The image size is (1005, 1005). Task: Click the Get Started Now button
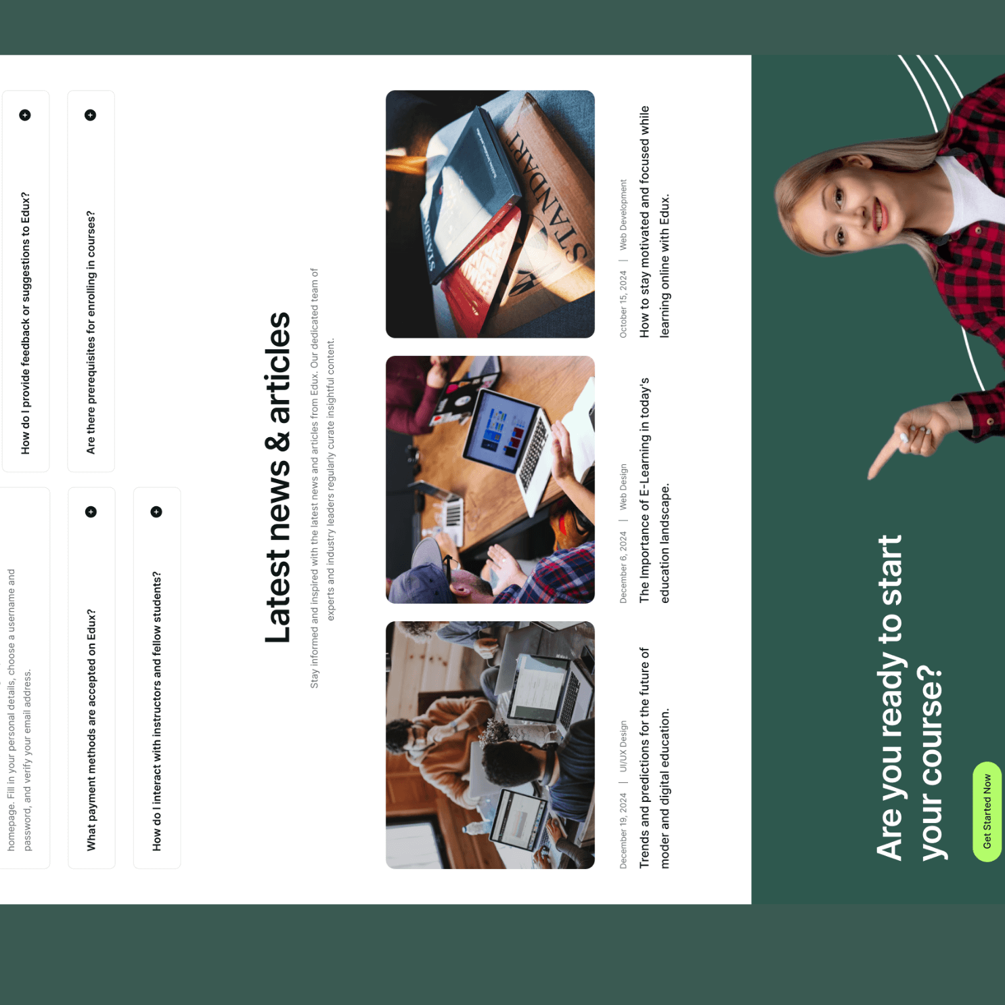coord(987,811)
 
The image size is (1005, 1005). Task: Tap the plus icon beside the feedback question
coord(25,115)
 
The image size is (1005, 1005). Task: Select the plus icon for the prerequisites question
coord(91,115)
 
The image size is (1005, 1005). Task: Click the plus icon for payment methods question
coord(91,512)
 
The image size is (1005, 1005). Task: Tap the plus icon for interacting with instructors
coord(156,512)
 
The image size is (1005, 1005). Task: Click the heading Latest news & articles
coord(278,477)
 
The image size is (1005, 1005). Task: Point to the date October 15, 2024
coord(623,304)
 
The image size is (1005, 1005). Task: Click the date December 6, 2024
coord(623,567)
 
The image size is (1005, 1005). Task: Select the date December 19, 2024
coord(623,832)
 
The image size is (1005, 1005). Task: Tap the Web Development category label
coord(623,215)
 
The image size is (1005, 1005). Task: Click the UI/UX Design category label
coord(623,746)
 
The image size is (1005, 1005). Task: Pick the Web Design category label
coord(623,487)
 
